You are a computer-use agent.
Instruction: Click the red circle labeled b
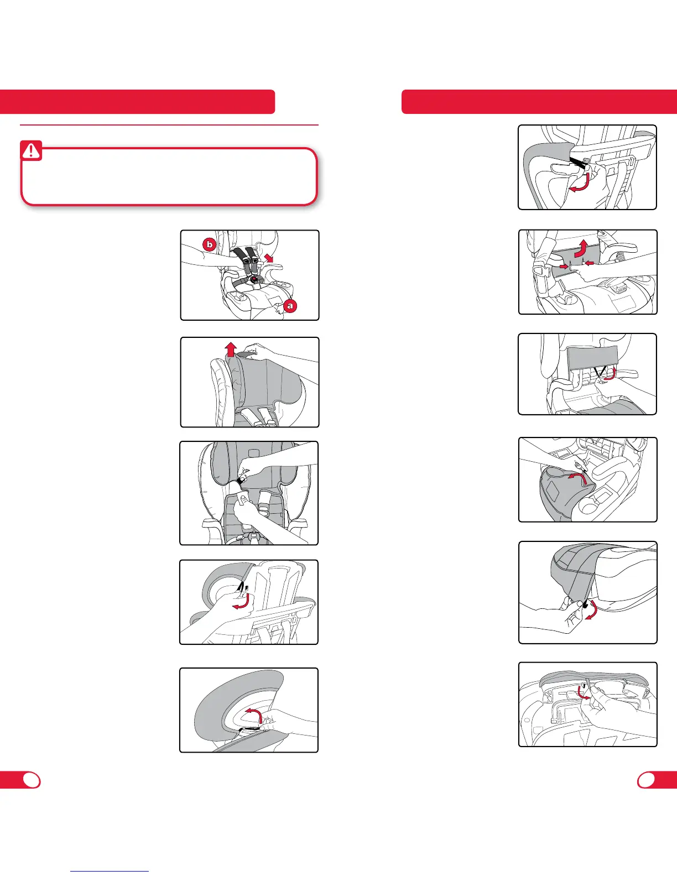pyautogui.click(x=209, y=244)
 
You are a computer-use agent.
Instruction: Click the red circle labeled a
pyautogui.click(x=290, y=306)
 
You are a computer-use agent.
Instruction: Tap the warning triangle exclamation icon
pyautogui.click(x=31, y=151)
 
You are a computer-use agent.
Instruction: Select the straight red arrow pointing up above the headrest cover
pyautogui.click(x=231, y=349)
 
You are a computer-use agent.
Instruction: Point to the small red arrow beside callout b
pyautogui.click(x=269, y=257)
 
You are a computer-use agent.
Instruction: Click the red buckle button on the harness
pyautogui.click(x=254, y=278)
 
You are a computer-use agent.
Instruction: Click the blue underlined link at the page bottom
pyautogui.click(x=110, y=871)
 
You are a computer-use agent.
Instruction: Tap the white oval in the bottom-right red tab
pyautogui.click(x=647, y=780)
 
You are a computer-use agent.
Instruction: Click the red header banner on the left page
pyautogui.click(x=138, y=102)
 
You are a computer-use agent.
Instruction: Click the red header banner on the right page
pyautogui.click(x=539, y=102)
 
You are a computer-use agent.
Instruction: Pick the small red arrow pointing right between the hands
pyautogui.click(x=563, y=266)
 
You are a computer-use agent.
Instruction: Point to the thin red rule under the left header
pyautogui.click(x=169, y=125)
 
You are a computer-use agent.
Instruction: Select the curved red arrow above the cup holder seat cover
pyautogui.click(x=577, y=478)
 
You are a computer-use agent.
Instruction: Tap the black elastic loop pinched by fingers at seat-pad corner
pyautogui.click(x=585, y=604)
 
